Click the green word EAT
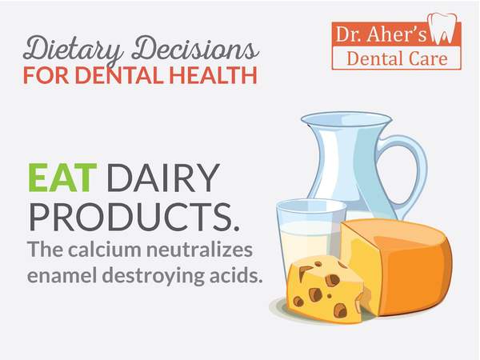point(62,178)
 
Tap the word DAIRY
point(163,178)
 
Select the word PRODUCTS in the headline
point(134,217)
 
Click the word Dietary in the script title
point(73,49)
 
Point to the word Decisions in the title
point(196,48)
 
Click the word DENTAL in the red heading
point(119,75)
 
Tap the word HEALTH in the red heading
point(213,75)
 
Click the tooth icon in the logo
point(442,28)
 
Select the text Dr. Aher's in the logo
point(381,34)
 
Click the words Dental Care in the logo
point(397,58)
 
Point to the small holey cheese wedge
point(326,290)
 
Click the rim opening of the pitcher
point(346,118)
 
